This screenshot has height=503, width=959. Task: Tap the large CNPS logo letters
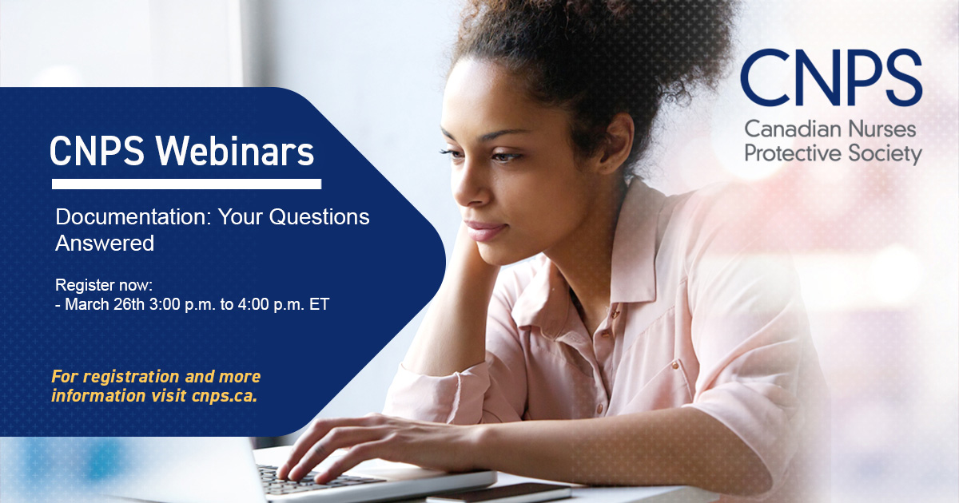pos(831,81)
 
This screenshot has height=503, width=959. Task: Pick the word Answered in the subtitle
pos(105,244)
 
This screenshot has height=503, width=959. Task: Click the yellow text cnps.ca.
pos(225,396)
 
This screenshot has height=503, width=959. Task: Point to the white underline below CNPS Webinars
pos(186,184)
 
